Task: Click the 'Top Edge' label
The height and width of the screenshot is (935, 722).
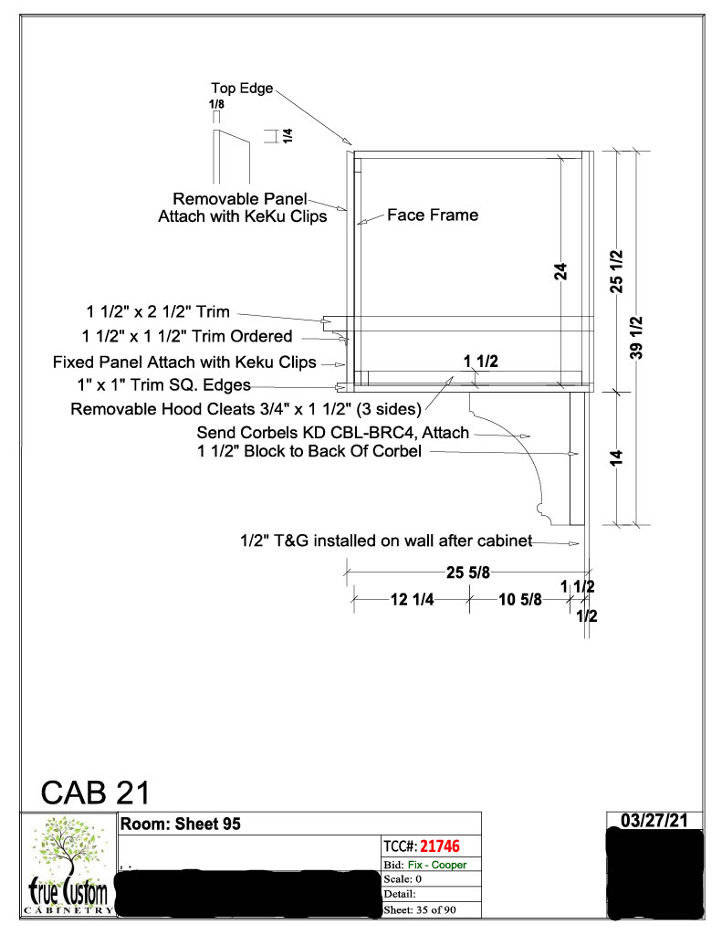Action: [242, 89]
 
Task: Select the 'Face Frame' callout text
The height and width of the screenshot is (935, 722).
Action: [433, 215]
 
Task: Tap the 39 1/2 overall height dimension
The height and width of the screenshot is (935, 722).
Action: [636, 338]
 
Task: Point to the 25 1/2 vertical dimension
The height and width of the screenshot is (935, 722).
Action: [616, 271]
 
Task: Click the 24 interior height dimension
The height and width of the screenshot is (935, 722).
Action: [560, 272]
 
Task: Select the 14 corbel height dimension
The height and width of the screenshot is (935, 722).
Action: [616, 458]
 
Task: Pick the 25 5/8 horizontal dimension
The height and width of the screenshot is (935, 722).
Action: [468, 573]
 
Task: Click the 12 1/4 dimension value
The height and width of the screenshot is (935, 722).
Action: [412, 599]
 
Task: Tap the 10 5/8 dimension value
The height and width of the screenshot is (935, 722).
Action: [520, 599]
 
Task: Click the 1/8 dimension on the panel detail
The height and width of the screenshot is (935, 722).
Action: [216, 104]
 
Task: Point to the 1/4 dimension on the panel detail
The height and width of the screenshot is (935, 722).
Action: [288, 136]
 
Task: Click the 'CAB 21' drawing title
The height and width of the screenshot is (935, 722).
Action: [96, 793]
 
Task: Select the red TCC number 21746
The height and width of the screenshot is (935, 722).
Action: [439, 846]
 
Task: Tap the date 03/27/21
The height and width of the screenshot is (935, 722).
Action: [654, 821]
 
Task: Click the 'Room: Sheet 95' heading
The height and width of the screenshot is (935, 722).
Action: [181, 825]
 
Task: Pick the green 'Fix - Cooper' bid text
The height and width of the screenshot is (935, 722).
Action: [437, 865]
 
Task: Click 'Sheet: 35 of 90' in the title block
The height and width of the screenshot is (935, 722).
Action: [420, 910]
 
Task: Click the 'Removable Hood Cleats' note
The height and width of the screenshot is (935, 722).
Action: [246, 409]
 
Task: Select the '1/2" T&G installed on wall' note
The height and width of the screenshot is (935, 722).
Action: [386, 541]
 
